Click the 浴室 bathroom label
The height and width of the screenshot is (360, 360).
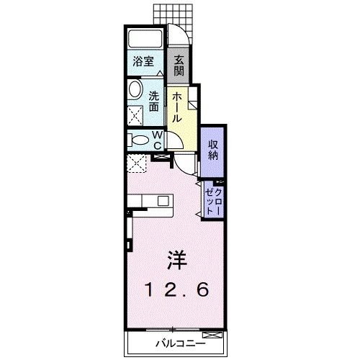[145, 63]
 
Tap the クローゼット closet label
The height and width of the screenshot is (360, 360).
[214, 199]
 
